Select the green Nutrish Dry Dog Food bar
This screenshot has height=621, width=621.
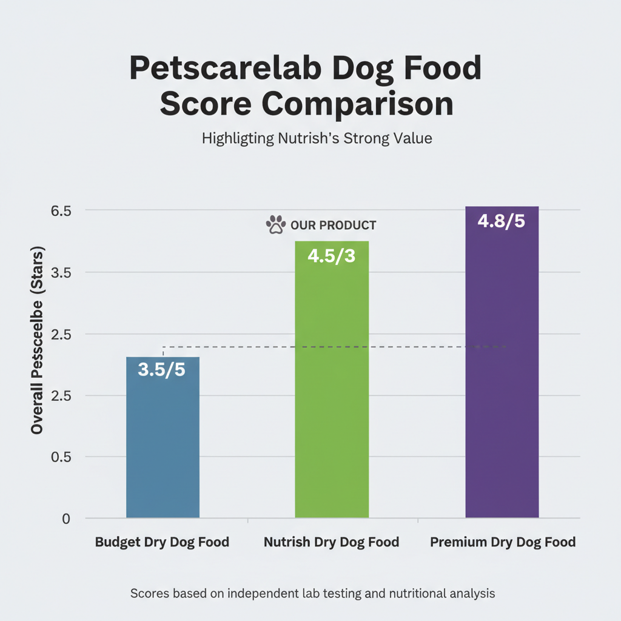[x=331, y=394]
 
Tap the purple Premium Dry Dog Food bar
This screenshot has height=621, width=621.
[x=502, y=376]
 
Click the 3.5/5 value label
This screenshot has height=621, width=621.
[x=162, y=370]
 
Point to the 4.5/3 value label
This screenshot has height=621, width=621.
[x=331, y=256]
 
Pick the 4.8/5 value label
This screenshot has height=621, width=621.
[x=501, y=221]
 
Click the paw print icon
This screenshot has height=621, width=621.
[x=276, y=224]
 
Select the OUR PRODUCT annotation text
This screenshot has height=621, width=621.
[x=333, y=226]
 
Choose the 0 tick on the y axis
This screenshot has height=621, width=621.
[x=65, y=519]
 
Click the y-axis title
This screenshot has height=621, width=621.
[x=38, y=340]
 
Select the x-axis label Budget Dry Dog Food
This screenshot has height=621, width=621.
[x=162, y=542]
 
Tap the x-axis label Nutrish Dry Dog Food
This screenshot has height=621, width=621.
[x=331, y=542]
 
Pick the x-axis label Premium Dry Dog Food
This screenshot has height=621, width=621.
[x=503, y=542]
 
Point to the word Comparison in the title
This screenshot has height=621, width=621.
[x=358, y=104]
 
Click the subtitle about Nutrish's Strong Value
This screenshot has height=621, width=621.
[x=317, y=138]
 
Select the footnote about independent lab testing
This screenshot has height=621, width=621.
[x=312, y=594]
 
